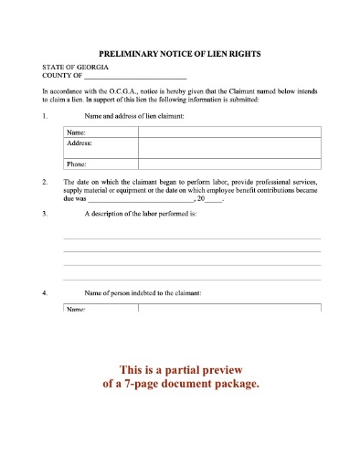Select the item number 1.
[x=45, y=118]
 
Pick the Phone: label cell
[x=78, y=164]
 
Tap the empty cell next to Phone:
[x=229, y=164]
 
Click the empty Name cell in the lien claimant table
[x=229, y=133]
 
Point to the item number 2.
[x=45, y=183]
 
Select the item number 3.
[x=45, y=214]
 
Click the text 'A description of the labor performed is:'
[x=141, y=214]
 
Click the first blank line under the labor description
[x=192, y=237]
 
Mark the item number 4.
[x=45, y=292]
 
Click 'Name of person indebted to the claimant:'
[x=143, y=292]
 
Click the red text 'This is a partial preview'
[x=180, y=370]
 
